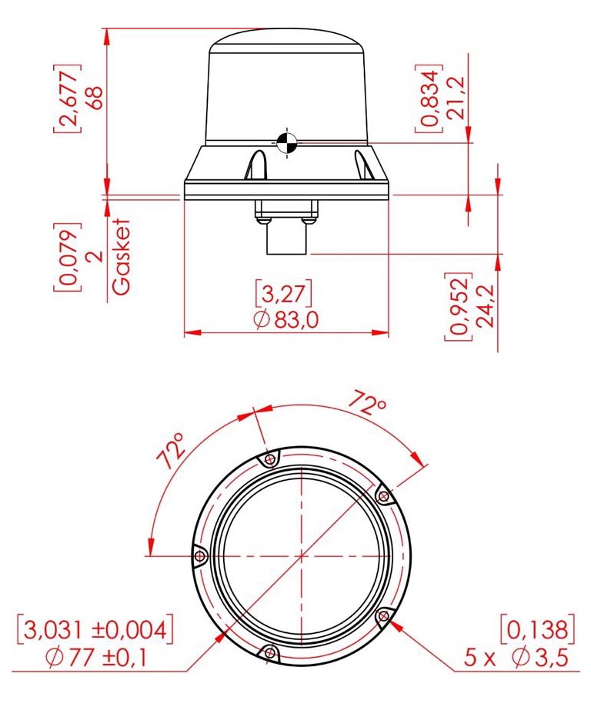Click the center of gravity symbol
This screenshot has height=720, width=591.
click(285, 142)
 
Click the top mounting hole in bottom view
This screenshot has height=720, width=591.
click(269, 460)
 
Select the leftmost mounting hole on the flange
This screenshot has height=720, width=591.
click(199, 555)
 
